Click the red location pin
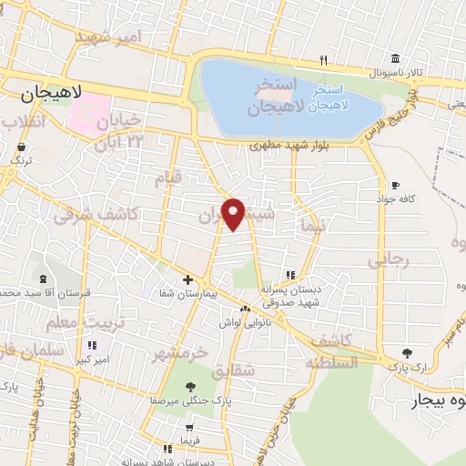234,213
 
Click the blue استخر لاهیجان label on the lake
327,98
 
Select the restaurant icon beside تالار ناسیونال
323,60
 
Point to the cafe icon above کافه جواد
395,184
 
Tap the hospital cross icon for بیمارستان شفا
187,279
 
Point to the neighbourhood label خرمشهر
179,351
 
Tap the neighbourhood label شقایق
229,371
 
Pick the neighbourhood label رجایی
389,259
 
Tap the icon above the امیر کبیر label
92,345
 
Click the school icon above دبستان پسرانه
290,274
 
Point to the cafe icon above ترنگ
20,146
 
